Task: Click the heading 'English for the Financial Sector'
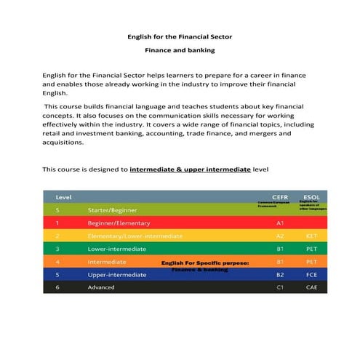tap(180, 36)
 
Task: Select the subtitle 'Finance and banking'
tap(180, 50)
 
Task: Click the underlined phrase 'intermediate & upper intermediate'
tap(190, 169)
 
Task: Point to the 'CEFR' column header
tap(280, 197)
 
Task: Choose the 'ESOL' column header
tap(311, 197)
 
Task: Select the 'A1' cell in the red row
tap(280, 223)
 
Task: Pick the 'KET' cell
tap(311, 236)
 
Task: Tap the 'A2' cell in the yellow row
tap(280, 236)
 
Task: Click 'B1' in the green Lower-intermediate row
tap(280, 249)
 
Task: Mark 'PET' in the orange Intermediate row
tap(311, 261)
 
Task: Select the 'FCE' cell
tap(311, 274)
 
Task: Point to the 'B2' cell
tap(280, 274)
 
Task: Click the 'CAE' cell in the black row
tap(311, 287)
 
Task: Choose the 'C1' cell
tap(280, 287)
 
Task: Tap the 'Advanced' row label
tap(101, 287)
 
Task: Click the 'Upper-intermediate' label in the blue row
tap(117, 274)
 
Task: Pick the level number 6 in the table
tap(57, 287)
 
